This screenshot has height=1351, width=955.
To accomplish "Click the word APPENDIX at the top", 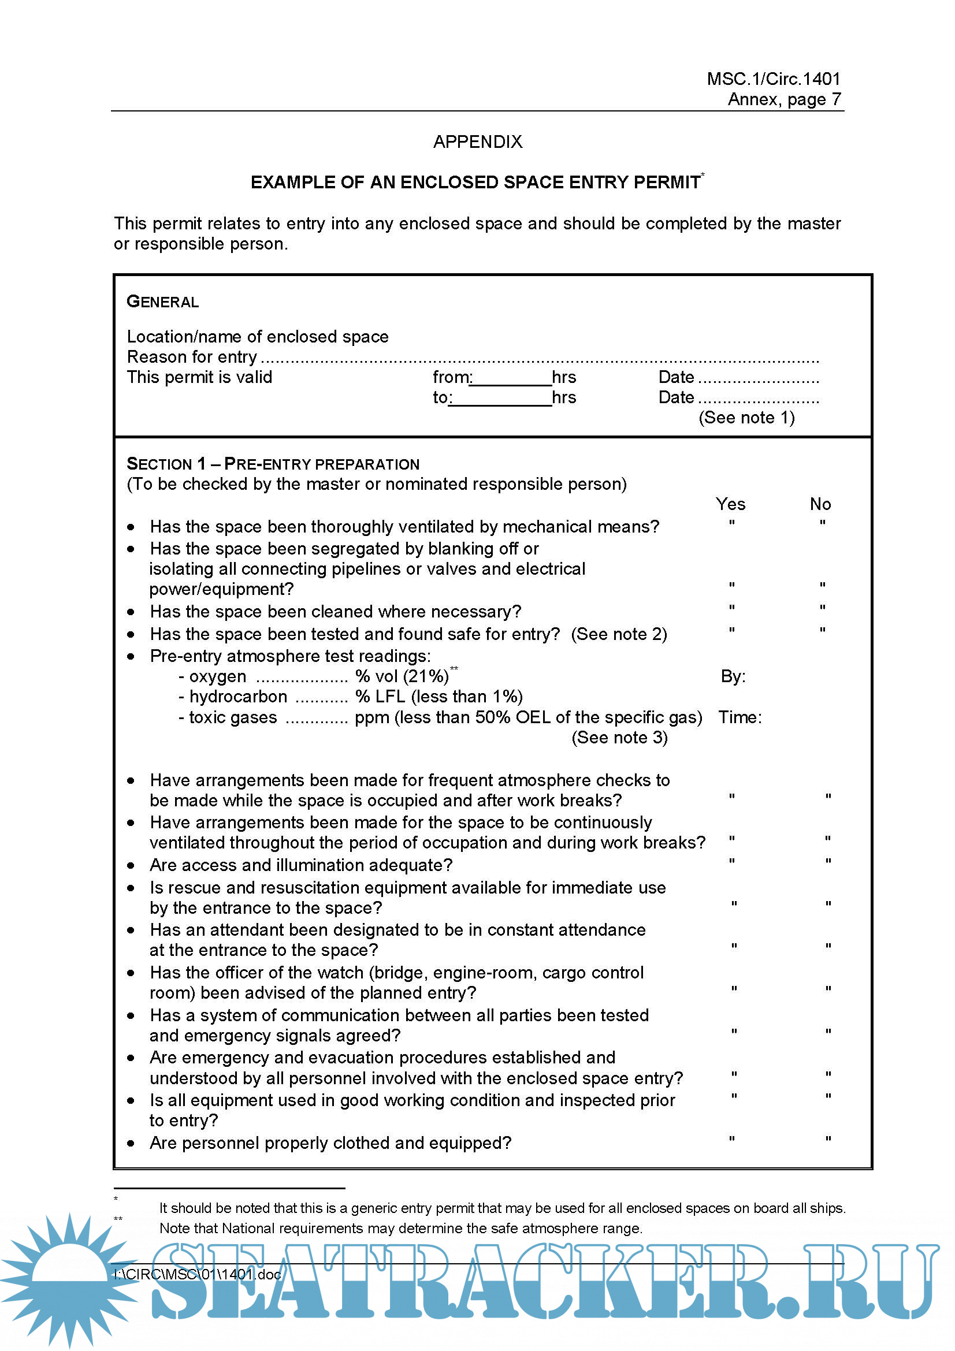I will tap(477, 142).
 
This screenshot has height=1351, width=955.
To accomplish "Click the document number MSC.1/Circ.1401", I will tap(773, 79).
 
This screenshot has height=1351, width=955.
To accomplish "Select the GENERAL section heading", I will tap(163, 302).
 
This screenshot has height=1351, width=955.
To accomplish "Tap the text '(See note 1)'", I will tap(746, 418).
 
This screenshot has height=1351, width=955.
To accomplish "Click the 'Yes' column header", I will tap(730, 504).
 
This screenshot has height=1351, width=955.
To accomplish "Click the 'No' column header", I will tap(820, 504).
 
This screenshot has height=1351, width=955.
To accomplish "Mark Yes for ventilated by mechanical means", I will tap(731, 523).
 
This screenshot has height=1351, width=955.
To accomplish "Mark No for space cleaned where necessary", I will tap(822, 607).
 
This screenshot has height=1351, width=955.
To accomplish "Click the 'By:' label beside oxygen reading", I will tap(733, 677).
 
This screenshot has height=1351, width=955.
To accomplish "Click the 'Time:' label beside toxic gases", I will tap(740, 717).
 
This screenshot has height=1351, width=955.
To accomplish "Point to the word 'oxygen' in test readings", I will tap(217, 678).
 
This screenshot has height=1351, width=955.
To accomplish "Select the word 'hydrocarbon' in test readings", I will tap(237, 697).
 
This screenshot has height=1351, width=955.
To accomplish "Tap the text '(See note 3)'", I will tap(619, 738).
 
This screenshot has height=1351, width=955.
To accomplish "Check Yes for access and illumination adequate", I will tap(731, 861).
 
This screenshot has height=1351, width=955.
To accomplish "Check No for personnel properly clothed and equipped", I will tap(828, 1139).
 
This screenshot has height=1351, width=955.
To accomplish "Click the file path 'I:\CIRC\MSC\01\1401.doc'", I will tap(198, 1275).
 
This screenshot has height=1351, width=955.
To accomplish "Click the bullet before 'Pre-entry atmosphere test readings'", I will tap(131, 657).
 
